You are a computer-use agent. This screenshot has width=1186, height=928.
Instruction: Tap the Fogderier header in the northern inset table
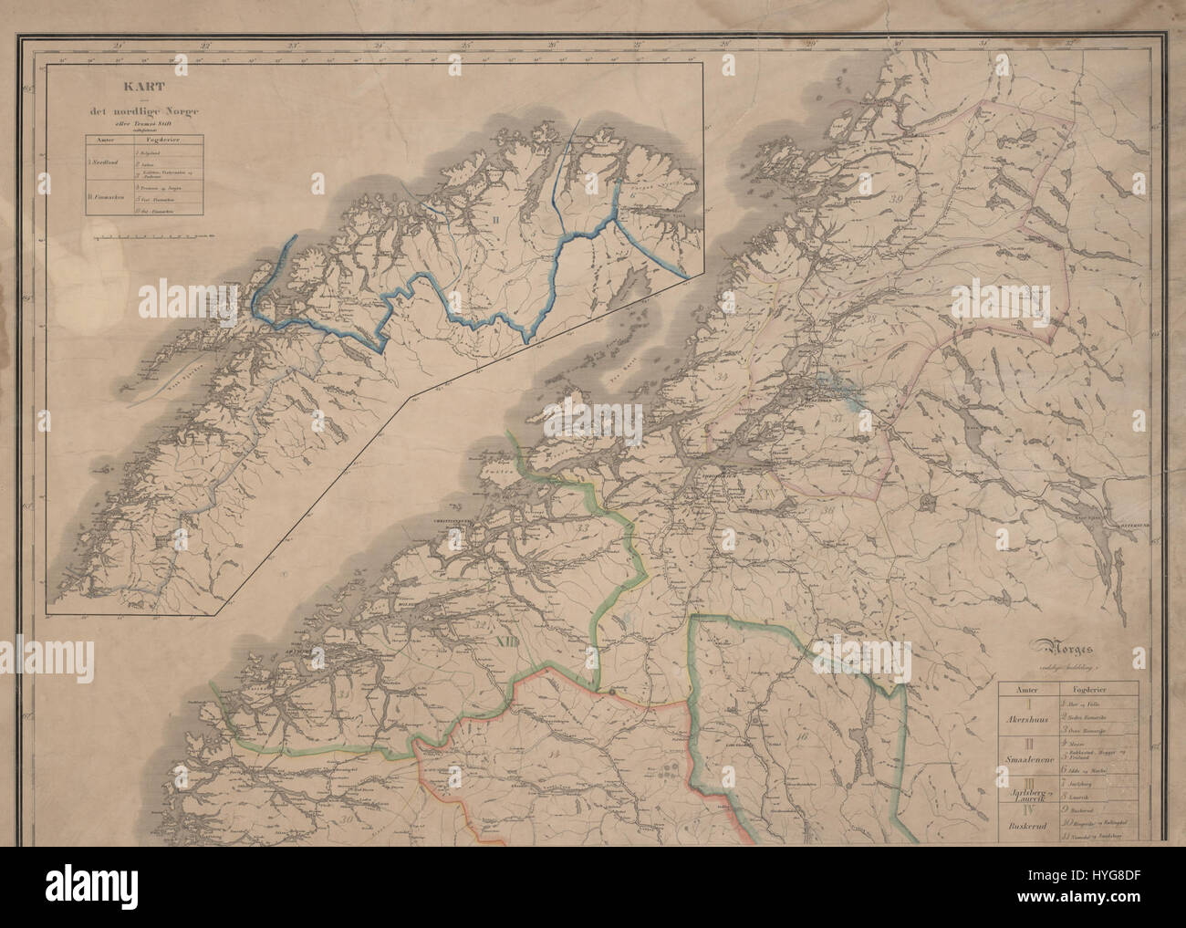162,141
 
